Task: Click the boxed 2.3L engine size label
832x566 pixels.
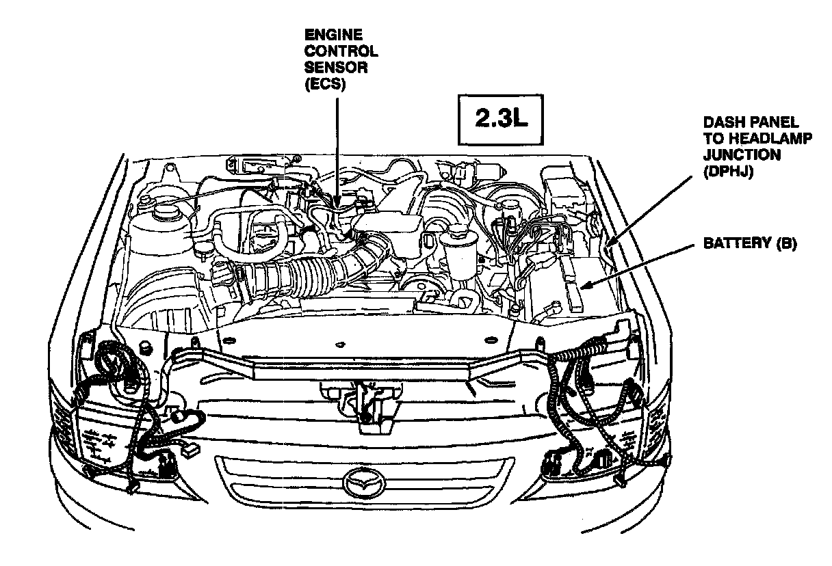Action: [502, 120]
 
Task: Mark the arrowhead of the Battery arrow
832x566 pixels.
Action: [580, 284]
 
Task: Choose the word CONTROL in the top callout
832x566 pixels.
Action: [341, 51]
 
